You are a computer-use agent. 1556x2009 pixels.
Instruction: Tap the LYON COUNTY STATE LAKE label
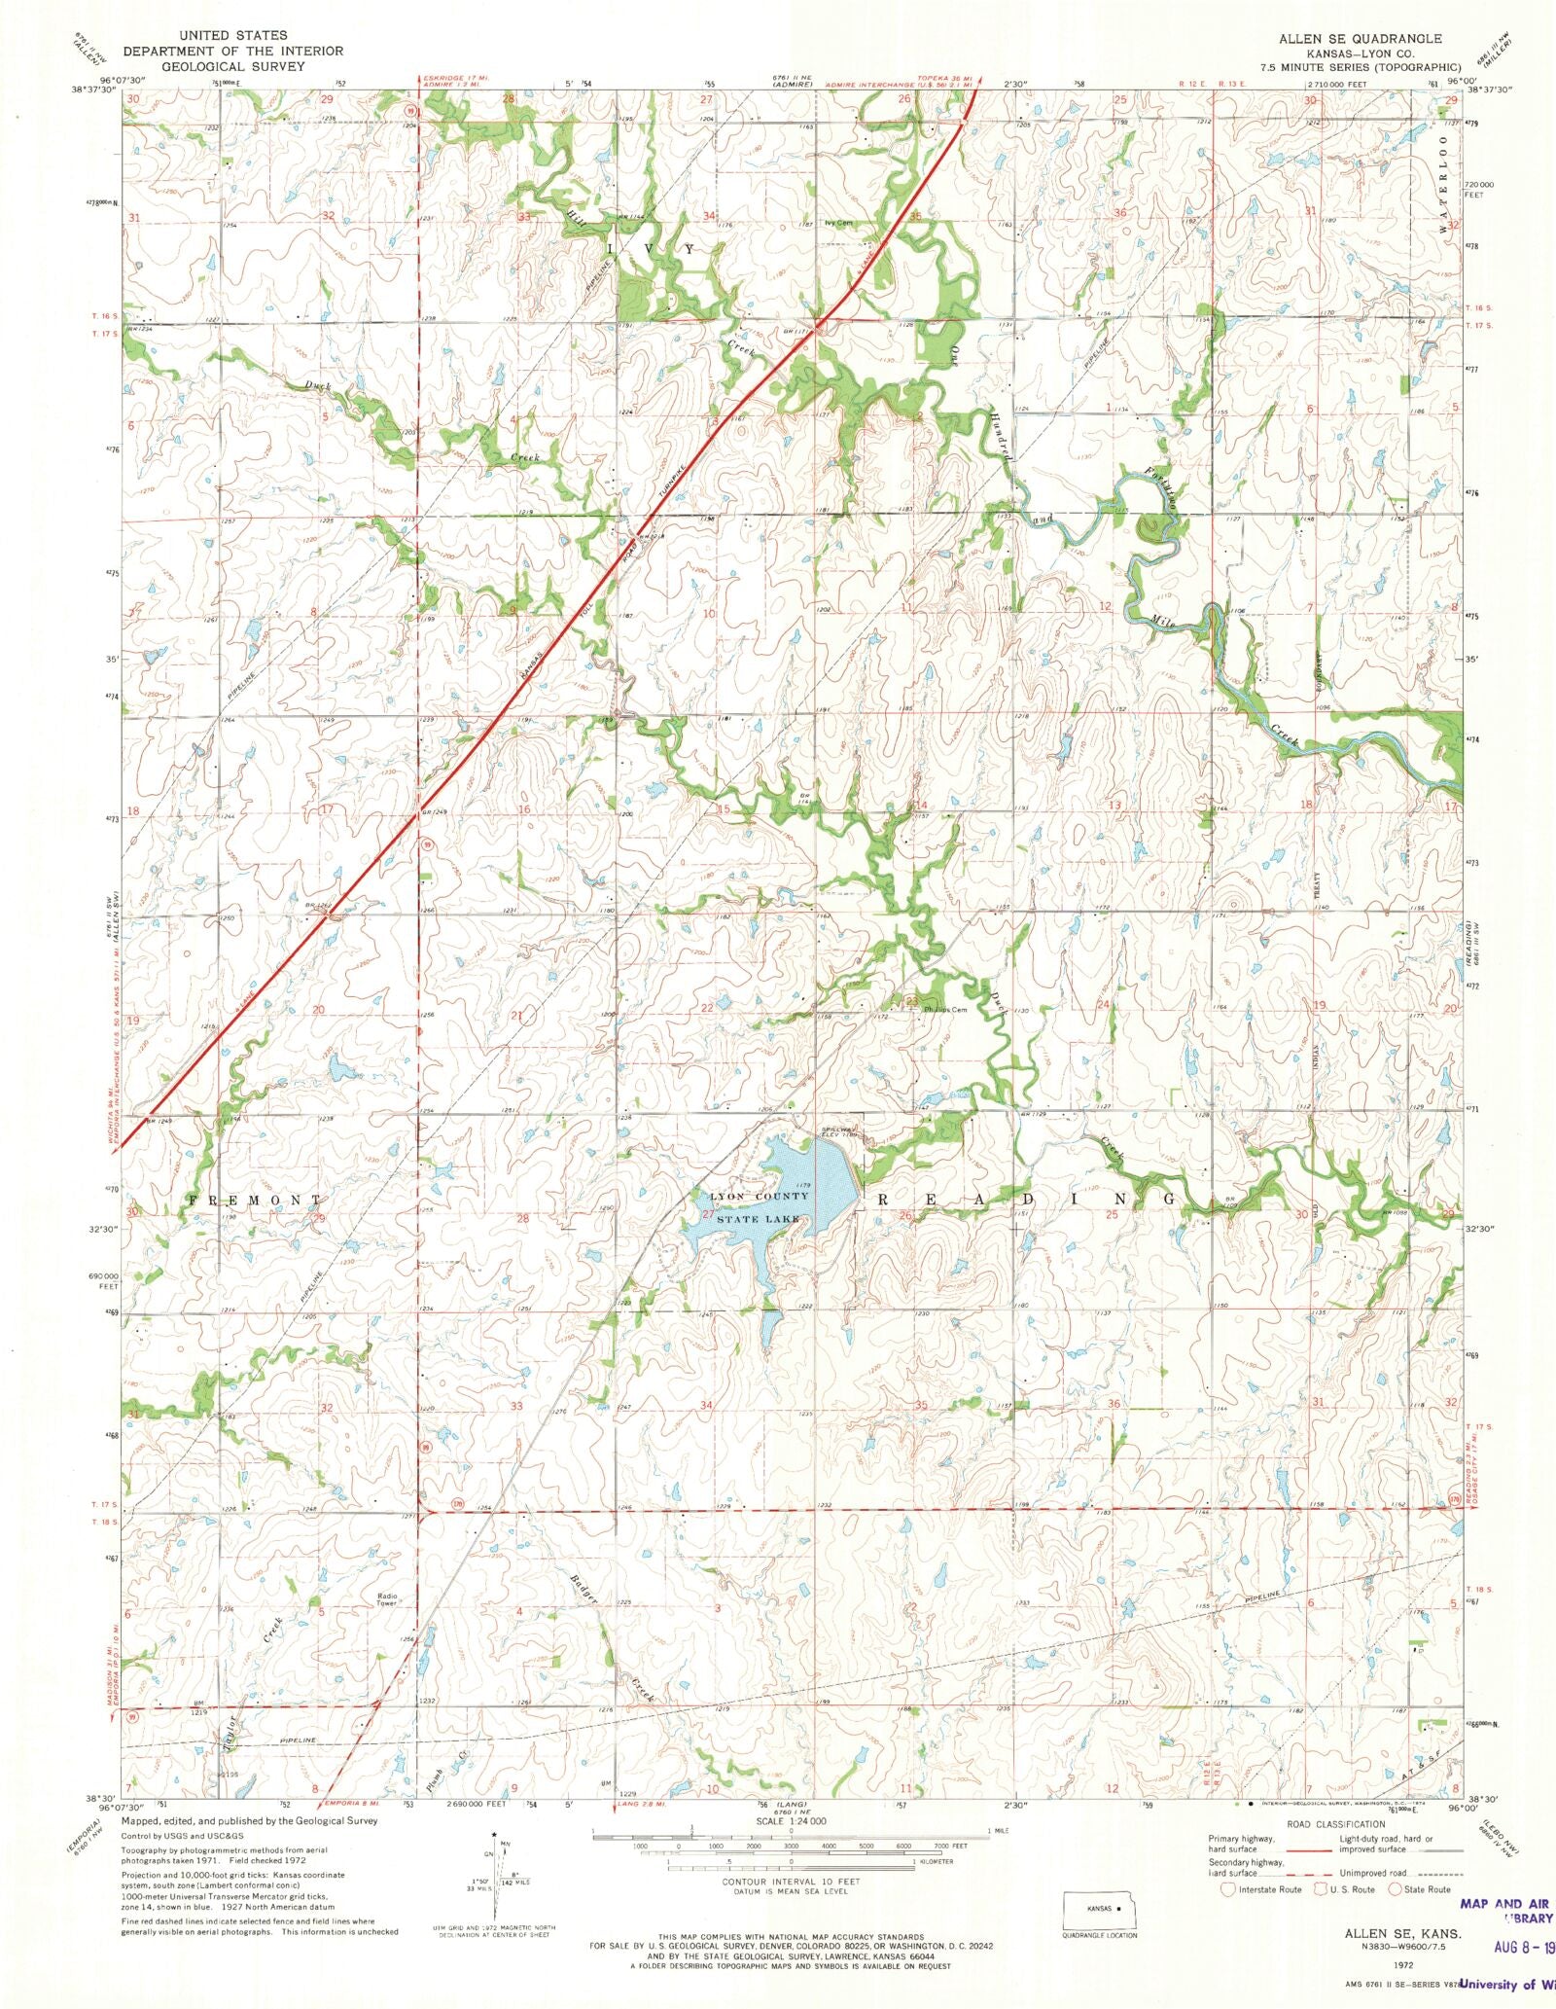click(x=755, y=1207)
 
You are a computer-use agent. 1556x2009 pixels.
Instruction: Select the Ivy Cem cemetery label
click(x=837, y=223)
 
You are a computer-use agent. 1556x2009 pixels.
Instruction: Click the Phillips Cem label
click(x=945, y=1009)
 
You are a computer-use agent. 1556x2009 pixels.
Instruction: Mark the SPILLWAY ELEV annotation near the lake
click(x=838, y=1131)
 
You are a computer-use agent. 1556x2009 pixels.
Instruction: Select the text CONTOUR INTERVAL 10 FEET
click(x=791, y=1882)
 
